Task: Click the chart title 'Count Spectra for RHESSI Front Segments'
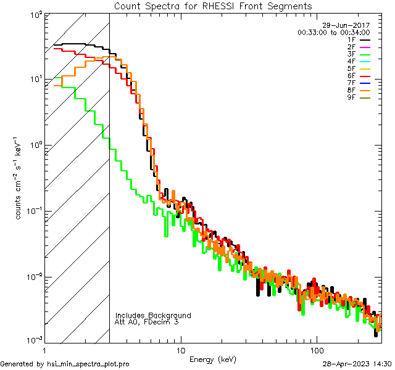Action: point(214,6)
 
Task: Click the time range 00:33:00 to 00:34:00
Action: point(333,33)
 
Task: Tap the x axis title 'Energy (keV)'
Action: point(213,359)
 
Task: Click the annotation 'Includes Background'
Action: point(153,315)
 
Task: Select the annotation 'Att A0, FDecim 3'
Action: point(147,323)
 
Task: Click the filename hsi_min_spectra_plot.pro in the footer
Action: point(88,364)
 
